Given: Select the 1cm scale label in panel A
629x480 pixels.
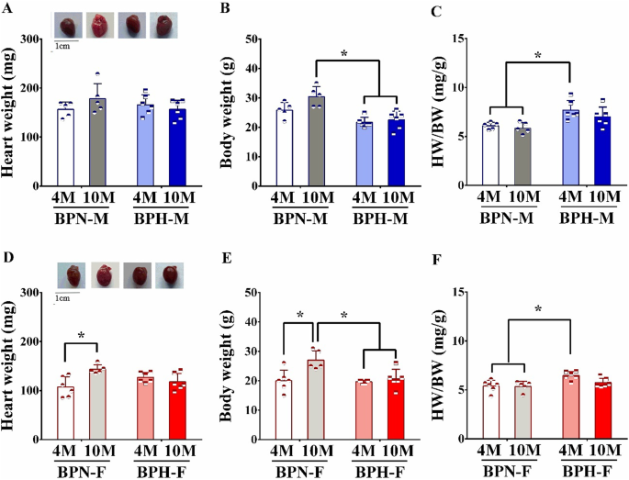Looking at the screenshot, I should point(64,46).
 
